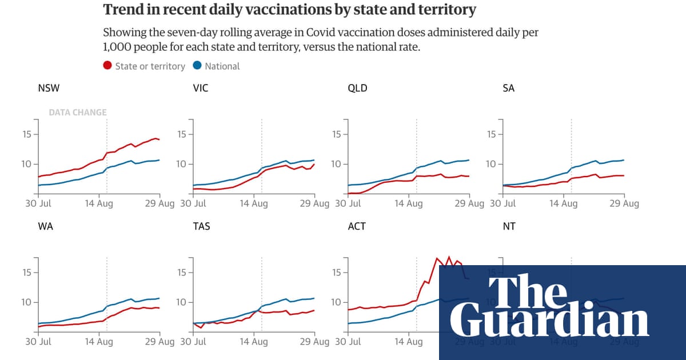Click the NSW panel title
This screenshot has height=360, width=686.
point(49,88)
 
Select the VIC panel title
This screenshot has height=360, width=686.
point(201,88)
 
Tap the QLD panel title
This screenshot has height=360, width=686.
point(357,88)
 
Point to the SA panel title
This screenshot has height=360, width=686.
point(509,88)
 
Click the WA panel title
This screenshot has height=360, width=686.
point(46,226)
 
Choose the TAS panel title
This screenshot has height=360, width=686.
point(202,226)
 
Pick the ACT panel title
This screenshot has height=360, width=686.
point(357,226)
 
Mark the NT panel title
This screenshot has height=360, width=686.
point(509,226)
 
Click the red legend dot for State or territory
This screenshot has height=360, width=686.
point(107,66)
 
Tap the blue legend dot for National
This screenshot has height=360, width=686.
point(197,66)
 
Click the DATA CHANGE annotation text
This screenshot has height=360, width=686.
point(78,113)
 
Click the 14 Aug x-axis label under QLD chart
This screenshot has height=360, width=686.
point(408,204)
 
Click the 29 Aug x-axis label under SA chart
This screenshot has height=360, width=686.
point(623,204)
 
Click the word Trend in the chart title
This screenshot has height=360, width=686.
point(122,10)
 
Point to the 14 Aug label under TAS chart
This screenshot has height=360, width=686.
point(253,342)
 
